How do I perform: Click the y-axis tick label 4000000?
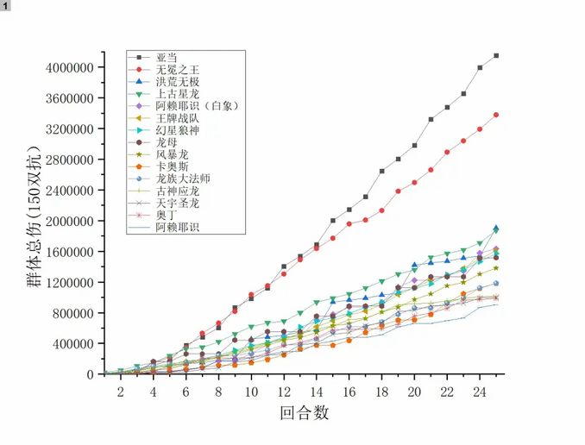pos(70,67)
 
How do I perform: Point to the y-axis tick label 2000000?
pos(70,221)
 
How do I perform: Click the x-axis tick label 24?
pos(480,392)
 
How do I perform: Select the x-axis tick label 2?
pos(120,392)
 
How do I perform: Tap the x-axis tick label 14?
pos(316,392)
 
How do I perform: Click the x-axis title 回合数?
pos(304,413)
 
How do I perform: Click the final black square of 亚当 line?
pos(496,56)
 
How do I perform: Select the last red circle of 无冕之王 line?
pos(496,115)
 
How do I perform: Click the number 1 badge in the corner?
pos(6,6)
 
